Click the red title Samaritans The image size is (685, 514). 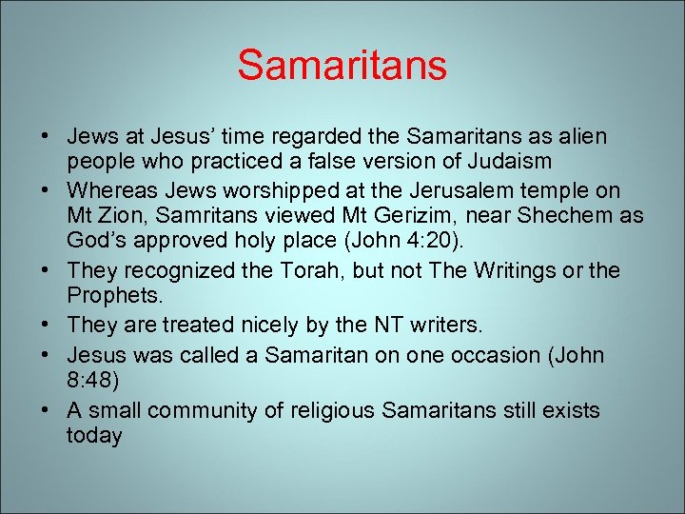click(x=342, y=65)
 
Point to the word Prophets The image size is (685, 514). click(x=107, y=296)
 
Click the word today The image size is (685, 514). click(x=94, y=435)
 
